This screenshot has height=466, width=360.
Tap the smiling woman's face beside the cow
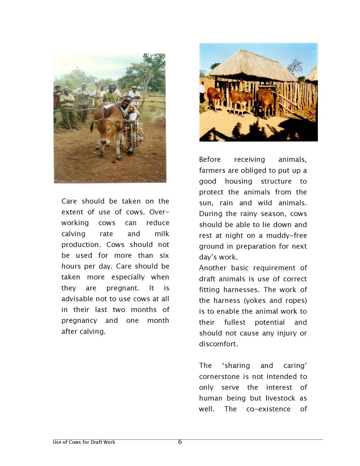pyautogui.click(x=127, y=102)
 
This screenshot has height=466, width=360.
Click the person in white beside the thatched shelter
pyautogui.click(x=202, y=92)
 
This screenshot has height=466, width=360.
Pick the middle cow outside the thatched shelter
pyautogui.click(x=240, y=100)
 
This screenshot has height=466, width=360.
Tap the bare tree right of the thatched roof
pyautogui.click(x=295, y=67)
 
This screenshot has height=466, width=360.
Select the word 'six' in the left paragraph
pyautogui.click(x=164, y=255)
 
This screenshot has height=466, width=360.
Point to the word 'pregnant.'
pyautogui.click(x=123, y=288)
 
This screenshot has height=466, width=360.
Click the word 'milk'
pyautogui.click(x=162, y=234)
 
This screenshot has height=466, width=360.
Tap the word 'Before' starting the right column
pyautogui.click(x=210, y=160)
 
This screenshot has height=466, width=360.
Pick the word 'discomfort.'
pyautogui.click(x=219, y=344)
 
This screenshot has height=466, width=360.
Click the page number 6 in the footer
pyautogui.click(x=180, y=442)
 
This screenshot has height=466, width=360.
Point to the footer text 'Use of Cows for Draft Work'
pyautogui.click(x=84, y=442)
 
